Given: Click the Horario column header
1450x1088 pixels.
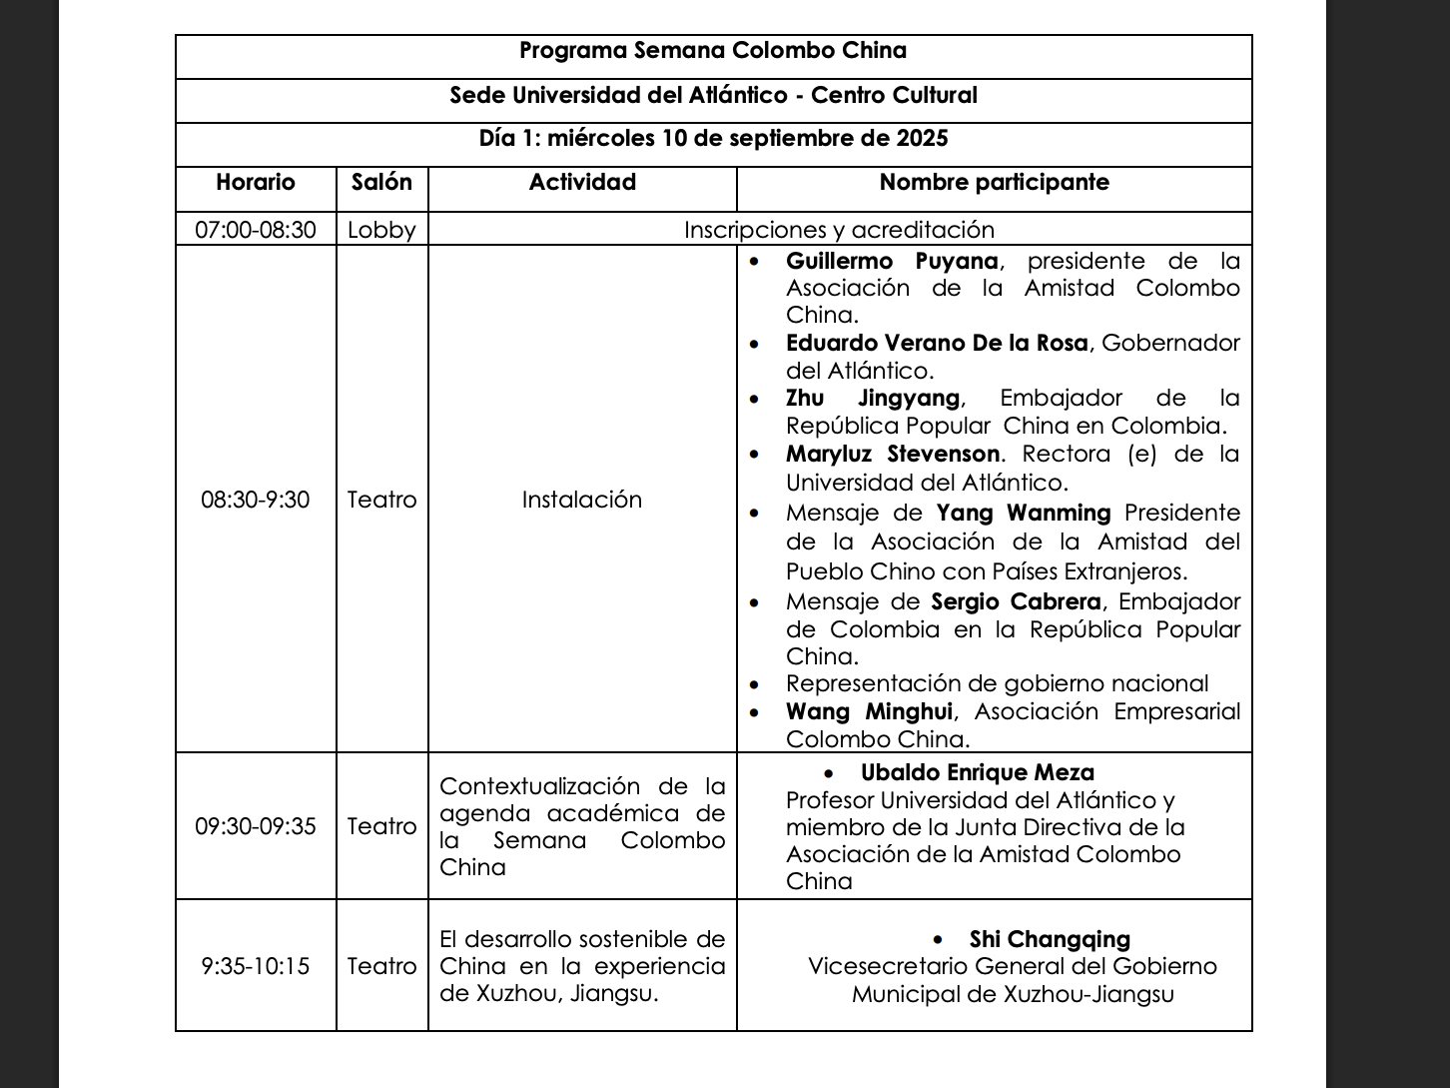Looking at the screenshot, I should [x=256, y=182].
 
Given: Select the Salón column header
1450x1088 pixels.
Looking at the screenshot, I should [x=381, y=182].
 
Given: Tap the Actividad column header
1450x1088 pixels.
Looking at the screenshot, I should [x=582, y=182].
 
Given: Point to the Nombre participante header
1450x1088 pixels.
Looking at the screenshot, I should [x=994, y=182].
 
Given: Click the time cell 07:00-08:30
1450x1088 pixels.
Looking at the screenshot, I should [x=256, y=230].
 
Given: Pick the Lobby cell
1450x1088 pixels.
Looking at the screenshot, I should [x=381, y=230].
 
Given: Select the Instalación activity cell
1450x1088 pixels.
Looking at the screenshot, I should [x=582, y=500].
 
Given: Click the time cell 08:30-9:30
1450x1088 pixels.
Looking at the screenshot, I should [x=256, y=500].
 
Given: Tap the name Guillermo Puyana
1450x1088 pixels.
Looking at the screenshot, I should [x=892, y=261].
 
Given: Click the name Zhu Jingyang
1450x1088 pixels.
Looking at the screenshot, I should [x=873, y=398].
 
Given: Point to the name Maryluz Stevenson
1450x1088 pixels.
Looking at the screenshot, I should [x=892, y=454].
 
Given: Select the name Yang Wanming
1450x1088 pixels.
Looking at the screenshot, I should [x=1024, y=513].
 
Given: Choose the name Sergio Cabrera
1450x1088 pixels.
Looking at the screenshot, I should [x=1016, y=601].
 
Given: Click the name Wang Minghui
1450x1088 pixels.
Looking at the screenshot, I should [x=869, y=711].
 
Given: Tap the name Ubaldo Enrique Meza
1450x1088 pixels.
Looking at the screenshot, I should [x=977, y=772].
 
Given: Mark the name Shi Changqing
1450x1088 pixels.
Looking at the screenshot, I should [x=1050, y=939].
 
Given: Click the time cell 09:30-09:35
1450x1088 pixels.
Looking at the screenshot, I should [x=256, y=826].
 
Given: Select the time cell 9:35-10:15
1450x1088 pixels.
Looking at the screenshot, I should [x=256, y=966].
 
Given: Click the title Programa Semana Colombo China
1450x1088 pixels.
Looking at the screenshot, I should [x=713, y=51].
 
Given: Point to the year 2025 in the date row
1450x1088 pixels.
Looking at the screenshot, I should [x=921, y=138].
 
